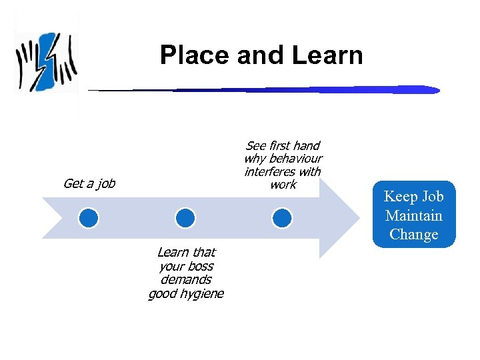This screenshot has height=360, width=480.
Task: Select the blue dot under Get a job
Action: (x=88, y=217)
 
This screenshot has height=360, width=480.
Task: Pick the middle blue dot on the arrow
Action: (x=185, y=217)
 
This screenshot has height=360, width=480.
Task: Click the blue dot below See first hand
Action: (x=282, y=217)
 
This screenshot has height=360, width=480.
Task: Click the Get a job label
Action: (x=89, y=183)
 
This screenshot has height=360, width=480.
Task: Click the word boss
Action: (x=200, y=266)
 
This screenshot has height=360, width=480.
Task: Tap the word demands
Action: (x=186, y=280)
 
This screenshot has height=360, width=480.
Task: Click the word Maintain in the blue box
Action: (x=413, y=215)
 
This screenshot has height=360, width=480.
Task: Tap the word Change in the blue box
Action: (x=413, y=235)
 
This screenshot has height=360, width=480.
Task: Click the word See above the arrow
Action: (x=255, y=145)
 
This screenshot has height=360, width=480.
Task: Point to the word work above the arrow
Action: (x=283, y=185)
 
